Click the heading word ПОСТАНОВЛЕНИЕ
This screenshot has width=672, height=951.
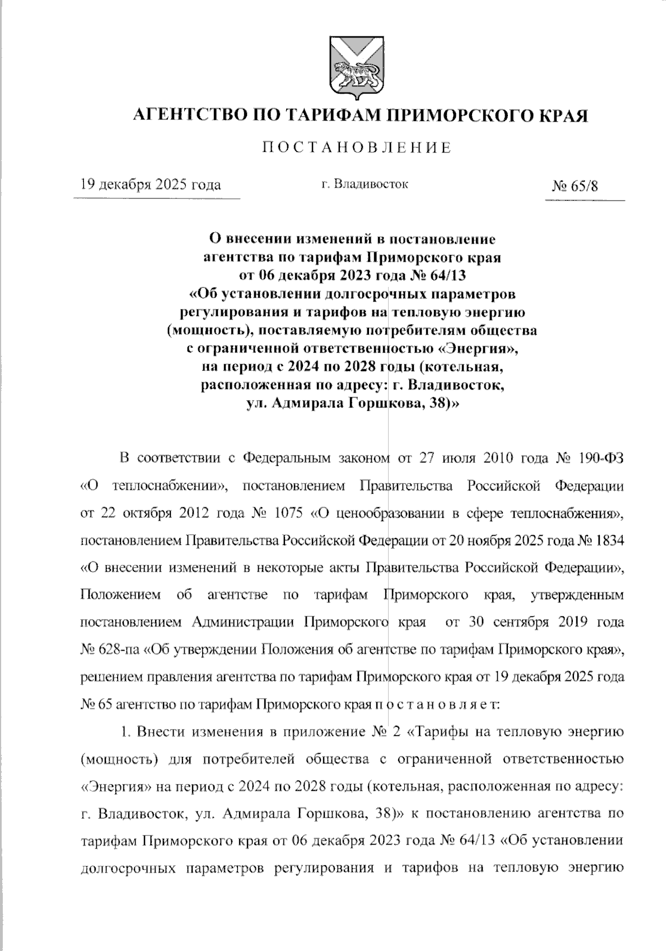coord(357,148)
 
